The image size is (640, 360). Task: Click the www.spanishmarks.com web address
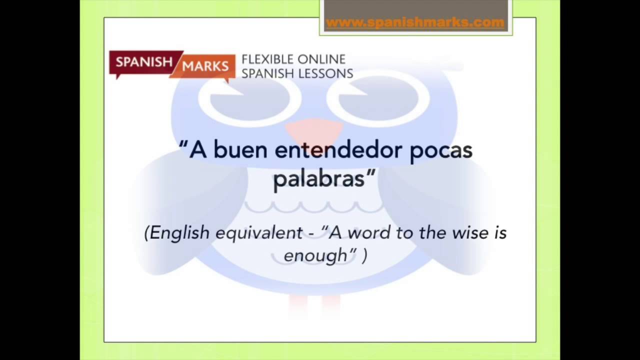(x=414, y=22)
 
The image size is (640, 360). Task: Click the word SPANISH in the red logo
(x=144, y=62)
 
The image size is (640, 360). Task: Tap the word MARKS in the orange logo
(x=205, y=66)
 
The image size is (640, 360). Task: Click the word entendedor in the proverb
(x=338, y=150)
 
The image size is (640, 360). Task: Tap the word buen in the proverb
(x=240, y=150)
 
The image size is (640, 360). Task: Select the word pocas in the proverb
(x=441, y=150)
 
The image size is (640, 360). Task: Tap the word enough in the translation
(x=315, y=255)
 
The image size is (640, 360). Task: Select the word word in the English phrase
(x=369, y=232)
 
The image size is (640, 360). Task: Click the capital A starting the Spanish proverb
(x=198, y=149)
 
